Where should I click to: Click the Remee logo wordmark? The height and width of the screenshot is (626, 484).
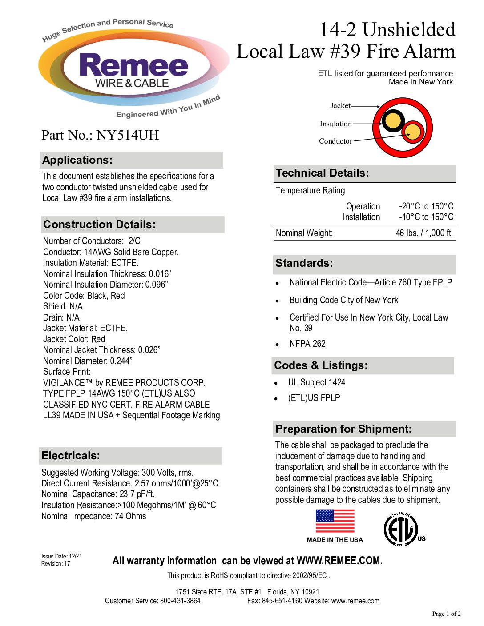click(133, 66)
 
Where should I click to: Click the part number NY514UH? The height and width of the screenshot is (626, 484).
click(128, 135)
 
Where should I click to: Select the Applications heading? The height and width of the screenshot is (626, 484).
click(77, 160)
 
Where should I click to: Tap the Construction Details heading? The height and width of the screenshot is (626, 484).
click(99, 225)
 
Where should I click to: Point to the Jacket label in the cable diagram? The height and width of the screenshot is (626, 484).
click(340, 106)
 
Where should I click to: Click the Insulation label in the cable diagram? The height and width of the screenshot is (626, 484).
click(335, 124)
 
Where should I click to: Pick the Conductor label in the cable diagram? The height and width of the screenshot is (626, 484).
click(335, 141)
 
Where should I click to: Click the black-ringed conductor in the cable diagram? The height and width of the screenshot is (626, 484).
click(393, 120)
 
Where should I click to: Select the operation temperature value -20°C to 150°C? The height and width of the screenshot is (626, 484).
click(426, 206)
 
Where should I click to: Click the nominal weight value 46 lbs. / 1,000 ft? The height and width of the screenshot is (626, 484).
click(424, 233)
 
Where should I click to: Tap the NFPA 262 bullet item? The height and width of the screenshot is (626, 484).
click(307, 344)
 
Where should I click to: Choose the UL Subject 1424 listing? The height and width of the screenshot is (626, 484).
click(316, 382)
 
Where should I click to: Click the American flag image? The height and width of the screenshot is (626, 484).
click(335, 521)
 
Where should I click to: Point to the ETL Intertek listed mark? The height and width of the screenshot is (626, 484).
click(401, 530)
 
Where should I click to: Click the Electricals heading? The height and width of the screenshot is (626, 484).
click(71, 456)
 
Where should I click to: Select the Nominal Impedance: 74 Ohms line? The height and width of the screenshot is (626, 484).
click(93, 516)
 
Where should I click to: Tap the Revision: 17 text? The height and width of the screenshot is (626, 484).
click(56, 564)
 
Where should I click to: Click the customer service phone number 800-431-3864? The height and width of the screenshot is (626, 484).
click(180, 601)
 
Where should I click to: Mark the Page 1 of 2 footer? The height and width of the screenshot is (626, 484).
click(446, 614)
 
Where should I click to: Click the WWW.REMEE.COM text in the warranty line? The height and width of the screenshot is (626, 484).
click(339, 561)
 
